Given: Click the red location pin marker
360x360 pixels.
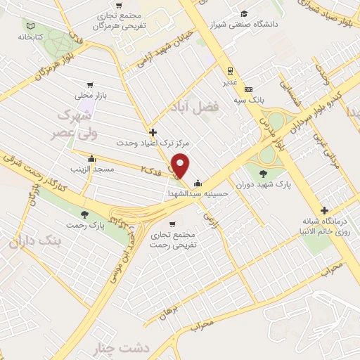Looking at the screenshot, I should [181, 166].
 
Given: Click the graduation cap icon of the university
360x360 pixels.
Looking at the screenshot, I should [244, 13].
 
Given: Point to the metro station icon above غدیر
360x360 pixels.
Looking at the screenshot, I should [229, 70].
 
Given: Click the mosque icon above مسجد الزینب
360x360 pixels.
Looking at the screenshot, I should [92, 158].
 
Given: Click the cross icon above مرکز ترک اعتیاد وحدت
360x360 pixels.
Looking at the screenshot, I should [152, 131].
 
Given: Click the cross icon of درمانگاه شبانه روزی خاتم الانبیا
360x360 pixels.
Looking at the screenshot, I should [323, 210].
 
